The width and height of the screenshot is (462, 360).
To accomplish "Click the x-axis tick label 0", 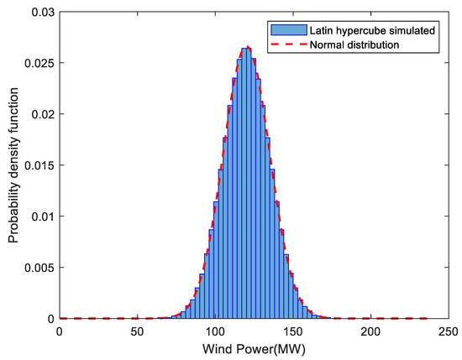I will pyautogui.click(x=59, y=331).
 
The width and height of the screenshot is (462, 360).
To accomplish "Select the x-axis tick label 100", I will pyautogui.click(x=215, y=331).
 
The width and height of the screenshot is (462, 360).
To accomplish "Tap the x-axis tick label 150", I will pyautogui.click(x=293, y=331).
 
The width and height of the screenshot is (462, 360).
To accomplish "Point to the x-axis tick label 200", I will pyautogui.click(x=371, y=331).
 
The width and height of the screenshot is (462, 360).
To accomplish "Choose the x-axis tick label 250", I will pyautogui.click(x=449, y=331).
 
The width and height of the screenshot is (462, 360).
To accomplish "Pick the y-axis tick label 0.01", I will pyautogui.click(x=42, y=216).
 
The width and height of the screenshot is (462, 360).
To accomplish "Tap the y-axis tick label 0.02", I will pyautogui.click(x=42, y=113).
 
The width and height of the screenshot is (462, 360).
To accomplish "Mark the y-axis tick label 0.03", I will pyautogui.click(x=42, y=11).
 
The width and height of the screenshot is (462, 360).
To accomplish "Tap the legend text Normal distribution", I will pyautogui.click(x=362, y=44).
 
